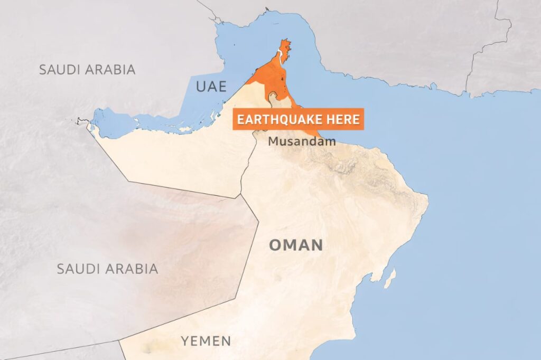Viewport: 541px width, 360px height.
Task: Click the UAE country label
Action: tap(211, 87)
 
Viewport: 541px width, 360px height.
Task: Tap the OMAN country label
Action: tap(295, 245)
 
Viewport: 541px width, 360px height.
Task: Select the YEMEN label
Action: tap(206, 341)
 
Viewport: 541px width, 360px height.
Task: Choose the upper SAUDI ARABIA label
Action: tap(87, 69)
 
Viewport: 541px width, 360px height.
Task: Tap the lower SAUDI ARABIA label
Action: tap(107, 269)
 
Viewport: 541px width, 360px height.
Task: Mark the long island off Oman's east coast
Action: tap(390, 278)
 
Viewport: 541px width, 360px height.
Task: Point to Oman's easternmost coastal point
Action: tap(427, 200)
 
